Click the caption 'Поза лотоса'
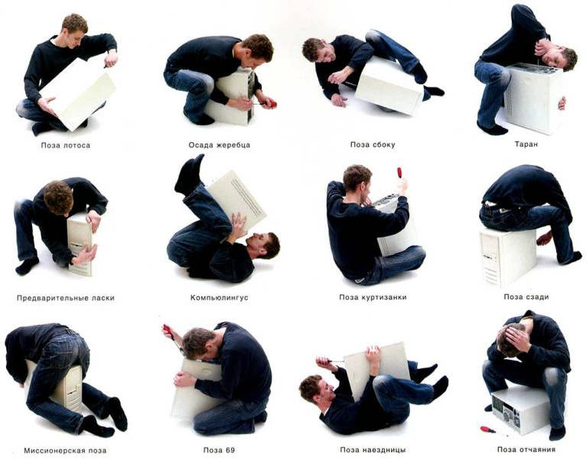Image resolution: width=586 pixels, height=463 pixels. (x=66, y=145)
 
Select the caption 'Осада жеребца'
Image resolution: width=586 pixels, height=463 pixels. (x=219, y=145)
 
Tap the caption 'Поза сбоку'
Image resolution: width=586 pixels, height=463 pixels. (x=373, y=144)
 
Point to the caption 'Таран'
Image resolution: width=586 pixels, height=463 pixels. (x=526, y=144)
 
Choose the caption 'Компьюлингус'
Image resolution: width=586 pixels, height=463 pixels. (x=219, y=298)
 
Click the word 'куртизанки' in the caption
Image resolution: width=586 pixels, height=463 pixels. (x=384, y=297)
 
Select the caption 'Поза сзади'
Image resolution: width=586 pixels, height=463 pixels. (x=526, y=297)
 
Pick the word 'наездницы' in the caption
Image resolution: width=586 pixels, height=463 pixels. (x=384, y=450)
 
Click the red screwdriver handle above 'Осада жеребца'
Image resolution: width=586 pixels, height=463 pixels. (x=272, y=103)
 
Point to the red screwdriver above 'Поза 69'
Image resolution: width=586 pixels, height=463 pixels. (x=168, y=332)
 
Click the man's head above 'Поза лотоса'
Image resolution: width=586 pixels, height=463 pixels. (x=74, y=29)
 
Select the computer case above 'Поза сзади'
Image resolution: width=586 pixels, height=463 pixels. (x=507, y=257)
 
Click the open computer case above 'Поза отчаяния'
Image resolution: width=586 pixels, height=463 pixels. (x=520, y=410)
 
